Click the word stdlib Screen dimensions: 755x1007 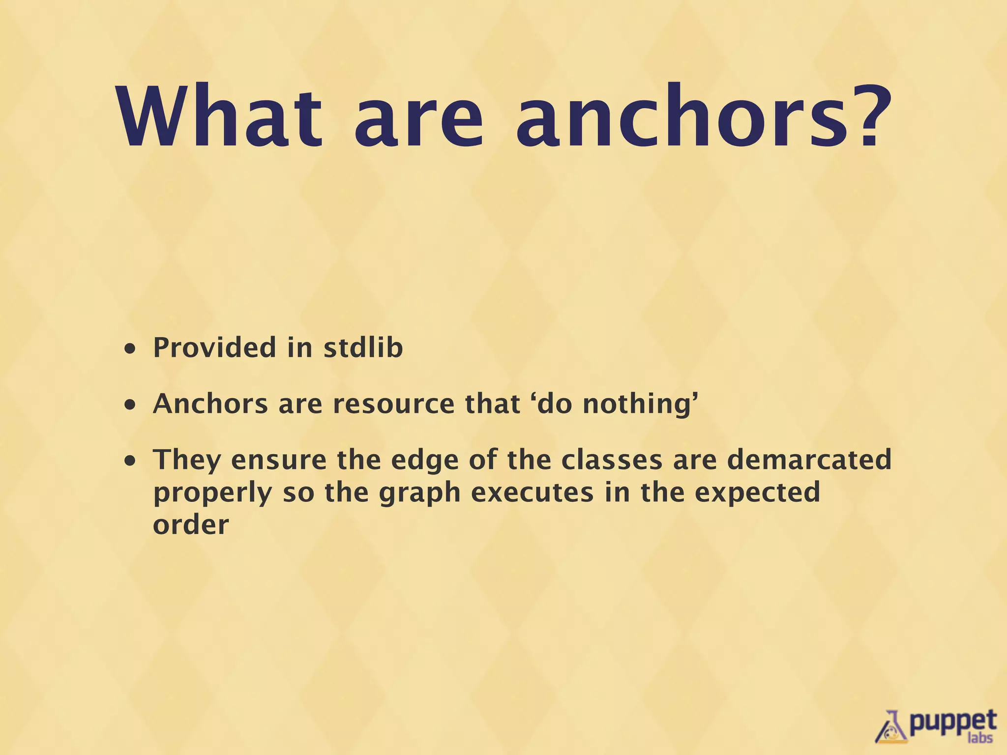363,348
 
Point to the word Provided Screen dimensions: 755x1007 215,348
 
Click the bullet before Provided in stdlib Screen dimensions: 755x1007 130,349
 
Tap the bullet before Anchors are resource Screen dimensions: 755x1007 130,406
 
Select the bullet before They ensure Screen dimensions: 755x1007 130,462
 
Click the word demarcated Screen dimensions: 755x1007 809,460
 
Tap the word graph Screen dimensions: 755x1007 419,493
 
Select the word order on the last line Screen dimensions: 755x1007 191,524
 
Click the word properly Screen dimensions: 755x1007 212,493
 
